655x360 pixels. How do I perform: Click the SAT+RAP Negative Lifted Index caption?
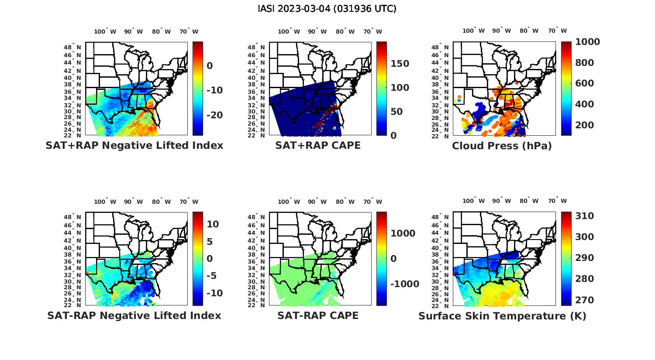coord(134,145)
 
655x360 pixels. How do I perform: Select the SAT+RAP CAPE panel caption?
coord(318,145)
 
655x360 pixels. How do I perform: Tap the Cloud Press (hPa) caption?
coord(502,146)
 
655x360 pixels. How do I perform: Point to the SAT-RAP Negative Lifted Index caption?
coord(134,315)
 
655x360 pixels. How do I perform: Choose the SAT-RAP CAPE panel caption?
coord(318,315)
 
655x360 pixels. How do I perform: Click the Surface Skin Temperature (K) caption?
coord(502,316)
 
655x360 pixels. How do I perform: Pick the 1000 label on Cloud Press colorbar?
coord(587,42)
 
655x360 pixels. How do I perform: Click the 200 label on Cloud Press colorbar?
coord(584,125)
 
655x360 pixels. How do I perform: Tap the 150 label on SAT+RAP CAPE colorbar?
coord(400,64)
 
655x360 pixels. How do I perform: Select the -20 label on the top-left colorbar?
coord(214,115)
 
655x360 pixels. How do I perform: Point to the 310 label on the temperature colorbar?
coord(584,216)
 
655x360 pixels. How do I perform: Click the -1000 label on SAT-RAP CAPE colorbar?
coord(404,284)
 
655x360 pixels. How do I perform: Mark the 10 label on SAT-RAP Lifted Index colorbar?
coord(213,224)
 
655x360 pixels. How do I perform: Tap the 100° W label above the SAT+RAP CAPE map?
coord(289,31)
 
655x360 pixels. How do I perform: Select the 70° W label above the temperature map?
coord(557,201)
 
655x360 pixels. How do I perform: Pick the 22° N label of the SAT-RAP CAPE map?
coord(256,305)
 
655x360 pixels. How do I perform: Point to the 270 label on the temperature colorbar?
coord(584,300)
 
